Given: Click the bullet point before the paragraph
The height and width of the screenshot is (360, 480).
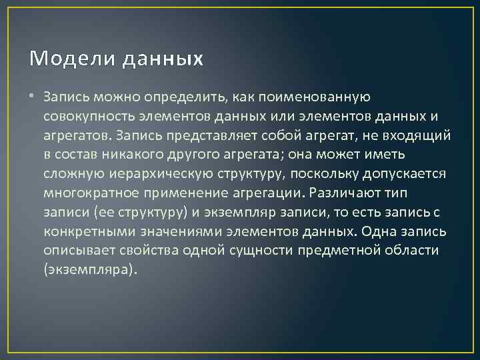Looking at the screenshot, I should (33, 97).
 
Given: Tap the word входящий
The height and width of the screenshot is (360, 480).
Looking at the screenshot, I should (420, 136).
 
